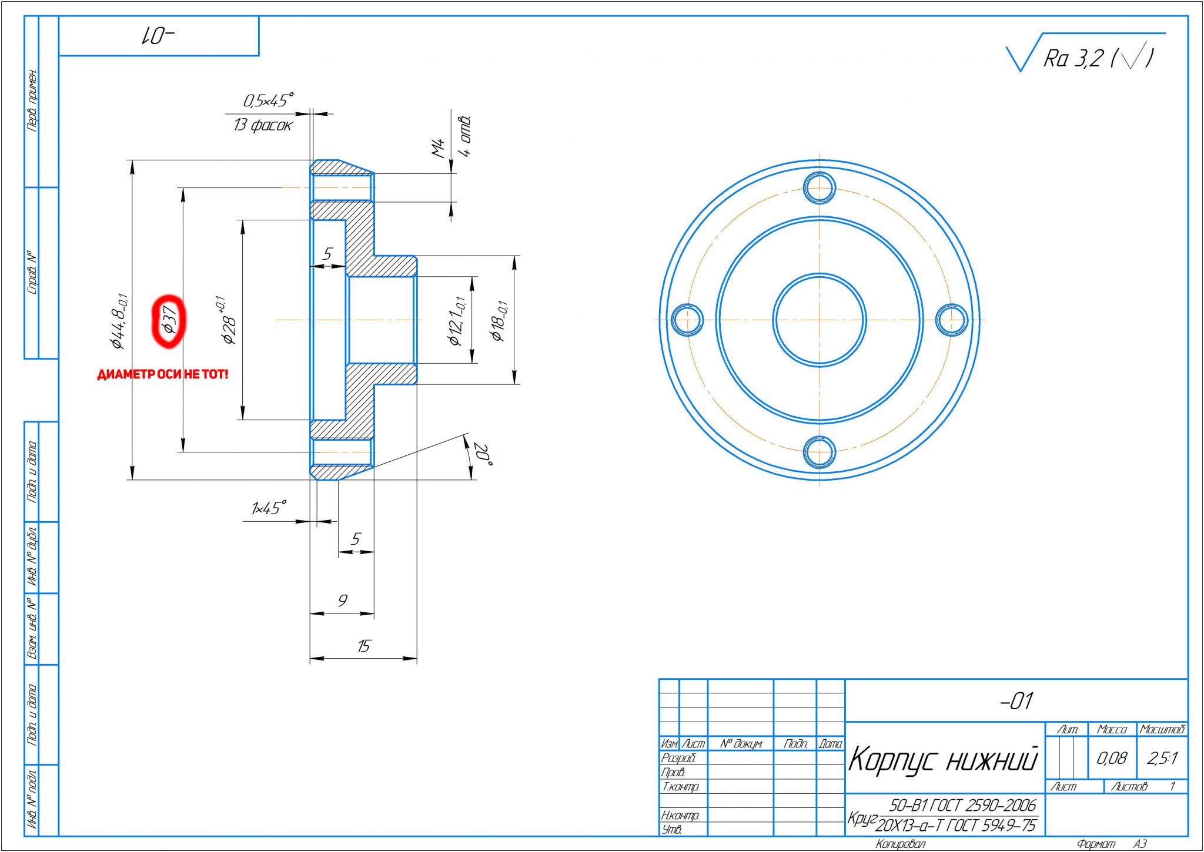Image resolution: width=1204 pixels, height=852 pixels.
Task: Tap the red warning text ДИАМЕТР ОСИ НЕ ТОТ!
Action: tap(162, 374)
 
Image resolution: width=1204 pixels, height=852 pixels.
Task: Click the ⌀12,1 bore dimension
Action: tap(456, 321)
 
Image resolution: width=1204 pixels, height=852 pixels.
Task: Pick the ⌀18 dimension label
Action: tap(499, 321)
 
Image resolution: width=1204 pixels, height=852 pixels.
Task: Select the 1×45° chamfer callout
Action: tap(269, 508)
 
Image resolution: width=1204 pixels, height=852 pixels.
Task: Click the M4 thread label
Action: tap(439, 148)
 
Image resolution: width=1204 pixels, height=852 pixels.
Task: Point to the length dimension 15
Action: tap(363, 646)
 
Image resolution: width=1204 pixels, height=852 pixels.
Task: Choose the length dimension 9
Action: tap(342, 601)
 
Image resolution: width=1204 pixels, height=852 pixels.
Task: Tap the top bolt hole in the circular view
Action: tap(819, 188)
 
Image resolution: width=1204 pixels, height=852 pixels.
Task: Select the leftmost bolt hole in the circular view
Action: tap(687, 320)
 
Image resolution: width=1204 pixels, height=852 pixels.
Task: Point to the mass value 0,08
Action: tap(1111, 758)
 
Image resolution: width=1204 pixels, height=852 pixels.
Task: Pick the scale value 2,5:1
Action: tap(1162, 758)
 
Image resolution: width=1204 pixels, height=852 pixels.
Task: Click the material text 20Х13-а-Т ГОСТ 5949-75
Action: tap(955, 826)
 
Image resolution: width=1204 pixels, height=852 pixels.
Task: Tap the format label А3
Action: tap(1139, 844)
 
